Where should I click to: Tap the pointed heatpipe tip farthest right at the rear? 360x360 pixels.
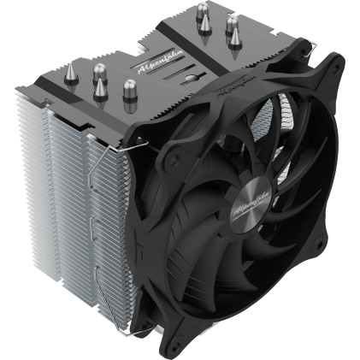(x=231, y=32)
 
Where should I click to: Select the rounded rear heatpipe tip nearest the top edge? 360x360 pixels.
(x=205, y=12)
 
